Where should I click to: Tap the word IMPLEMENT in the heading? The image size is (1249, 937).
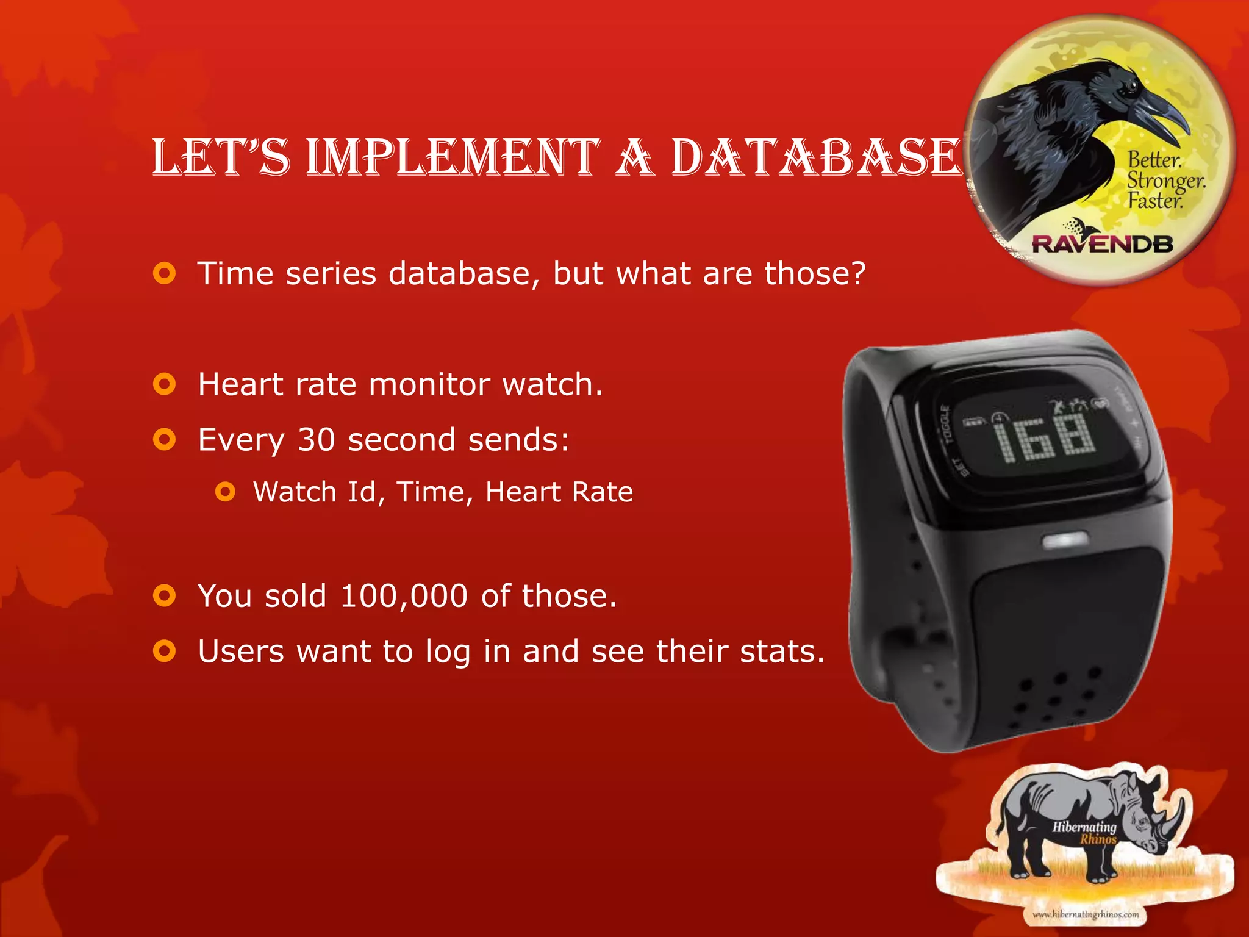[452, 157]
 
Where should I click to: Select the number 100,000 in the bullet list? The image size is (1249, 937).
[404, 595]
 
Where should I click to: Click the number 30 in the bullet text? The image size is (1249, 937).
[316, 439]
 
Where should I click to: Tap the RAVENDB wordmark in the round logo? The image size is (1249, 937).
[1103, 244]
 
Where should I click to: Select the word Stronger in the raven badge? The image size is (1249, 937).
[1165, 181]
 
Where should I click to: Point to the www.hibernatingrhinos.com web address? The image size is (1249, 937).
[1086, 914]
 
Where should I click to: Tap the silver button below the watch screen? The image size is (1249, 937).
[1065, 540]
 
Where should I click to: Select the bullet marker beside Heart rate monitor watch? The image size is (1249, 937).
[165, 384]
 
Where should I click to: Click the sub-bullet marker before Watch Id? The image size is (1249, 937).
[225, 492]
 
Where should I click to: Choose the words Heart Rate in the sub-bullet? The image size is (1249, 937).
[559, 492]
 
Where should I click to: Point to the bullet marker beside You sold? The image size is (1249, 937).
[165, 595]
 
